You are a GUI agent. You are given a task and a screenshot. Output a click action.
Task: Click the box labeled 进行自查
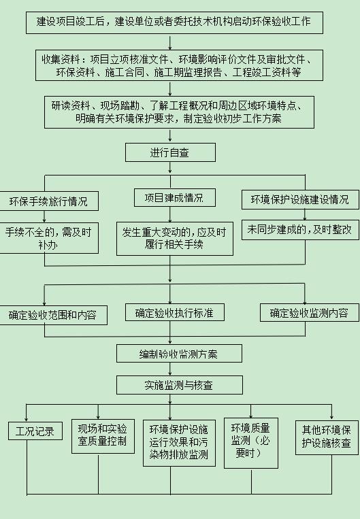pyautogui.click(x=170, y=152)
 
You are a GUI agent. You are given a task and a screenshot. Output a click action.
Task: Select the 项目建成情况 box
pyautogui.click(x=174, y=198)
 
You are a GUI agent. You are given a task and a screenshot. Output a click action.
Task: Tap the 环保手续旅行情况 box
pyautogui.click(x=49, y=201)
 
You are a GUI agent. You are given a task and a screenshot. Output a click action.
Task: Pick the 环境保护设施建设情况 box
pyautogui.click(x=300, y=199)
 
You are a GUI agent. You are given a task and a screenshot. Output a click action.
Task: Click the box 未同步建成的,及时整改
pyautogui.click(x=300, y=230)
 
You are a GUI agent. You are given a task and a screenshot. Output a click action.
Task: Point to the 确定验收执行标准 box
pyautogui.click(x=174, y=312)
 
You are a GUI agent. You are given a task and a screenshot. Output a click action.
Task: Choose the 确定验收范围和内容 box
pyautogui.click(x=53, y=315)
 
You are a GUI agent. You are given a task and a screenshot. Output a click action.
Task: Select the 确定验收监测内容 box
pyautogui.click(x=310, y=313)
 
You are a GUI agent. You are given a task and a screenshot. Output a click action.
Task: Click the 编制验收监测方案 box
pyautogui.click(x=179, y=354)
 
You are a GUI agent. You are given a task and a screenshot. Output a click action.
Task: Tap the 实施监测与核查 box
pyautogui.click(x=179, y=384)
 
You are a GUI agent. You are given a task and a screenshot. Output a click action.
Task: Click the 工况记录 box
pyautogui.click(x=35, y=431)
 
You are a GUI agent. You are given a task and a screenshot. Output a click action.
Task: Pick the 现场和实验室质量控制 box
pyautogui.click(x=103, y=436)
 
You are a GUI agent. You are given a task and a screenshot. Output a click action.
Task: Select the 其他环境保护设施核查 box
pyautogui.click(x=327, y=437)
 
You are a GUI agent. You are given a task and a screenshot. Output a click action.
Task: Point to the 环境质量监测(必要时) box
pyautogui.click(x=251, y=443)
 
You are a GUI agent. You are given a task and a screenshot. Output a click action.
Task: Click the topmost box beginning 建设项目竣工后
pyautogui.click(x=174, y=22)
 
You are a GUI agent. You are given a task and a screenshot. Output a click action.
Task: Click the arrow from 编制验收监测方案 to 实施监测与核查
pyautogui.click(x=170, y=369)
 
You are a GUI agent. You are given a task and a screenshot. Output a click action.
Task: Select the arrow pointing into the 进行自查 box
pyautogui.click(x=170, y=136)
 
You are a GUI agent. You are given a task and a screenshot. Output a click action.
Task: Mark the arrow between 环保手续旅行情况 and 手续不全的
pyautogui.click(x=44, y=216)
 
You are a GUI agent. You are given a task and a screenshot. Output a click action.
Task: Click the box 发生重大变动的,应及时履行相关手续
pyautogui.click(x=174, y=238)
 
